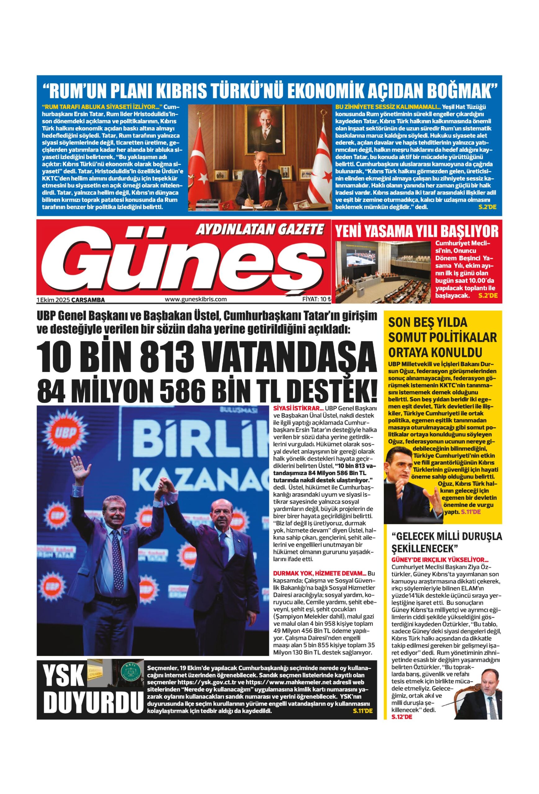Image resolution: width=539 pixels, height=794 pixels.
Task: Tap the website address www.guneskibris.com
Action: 195,299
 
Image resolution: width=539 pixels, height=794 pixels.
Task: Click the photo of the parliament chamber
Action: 384,272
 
